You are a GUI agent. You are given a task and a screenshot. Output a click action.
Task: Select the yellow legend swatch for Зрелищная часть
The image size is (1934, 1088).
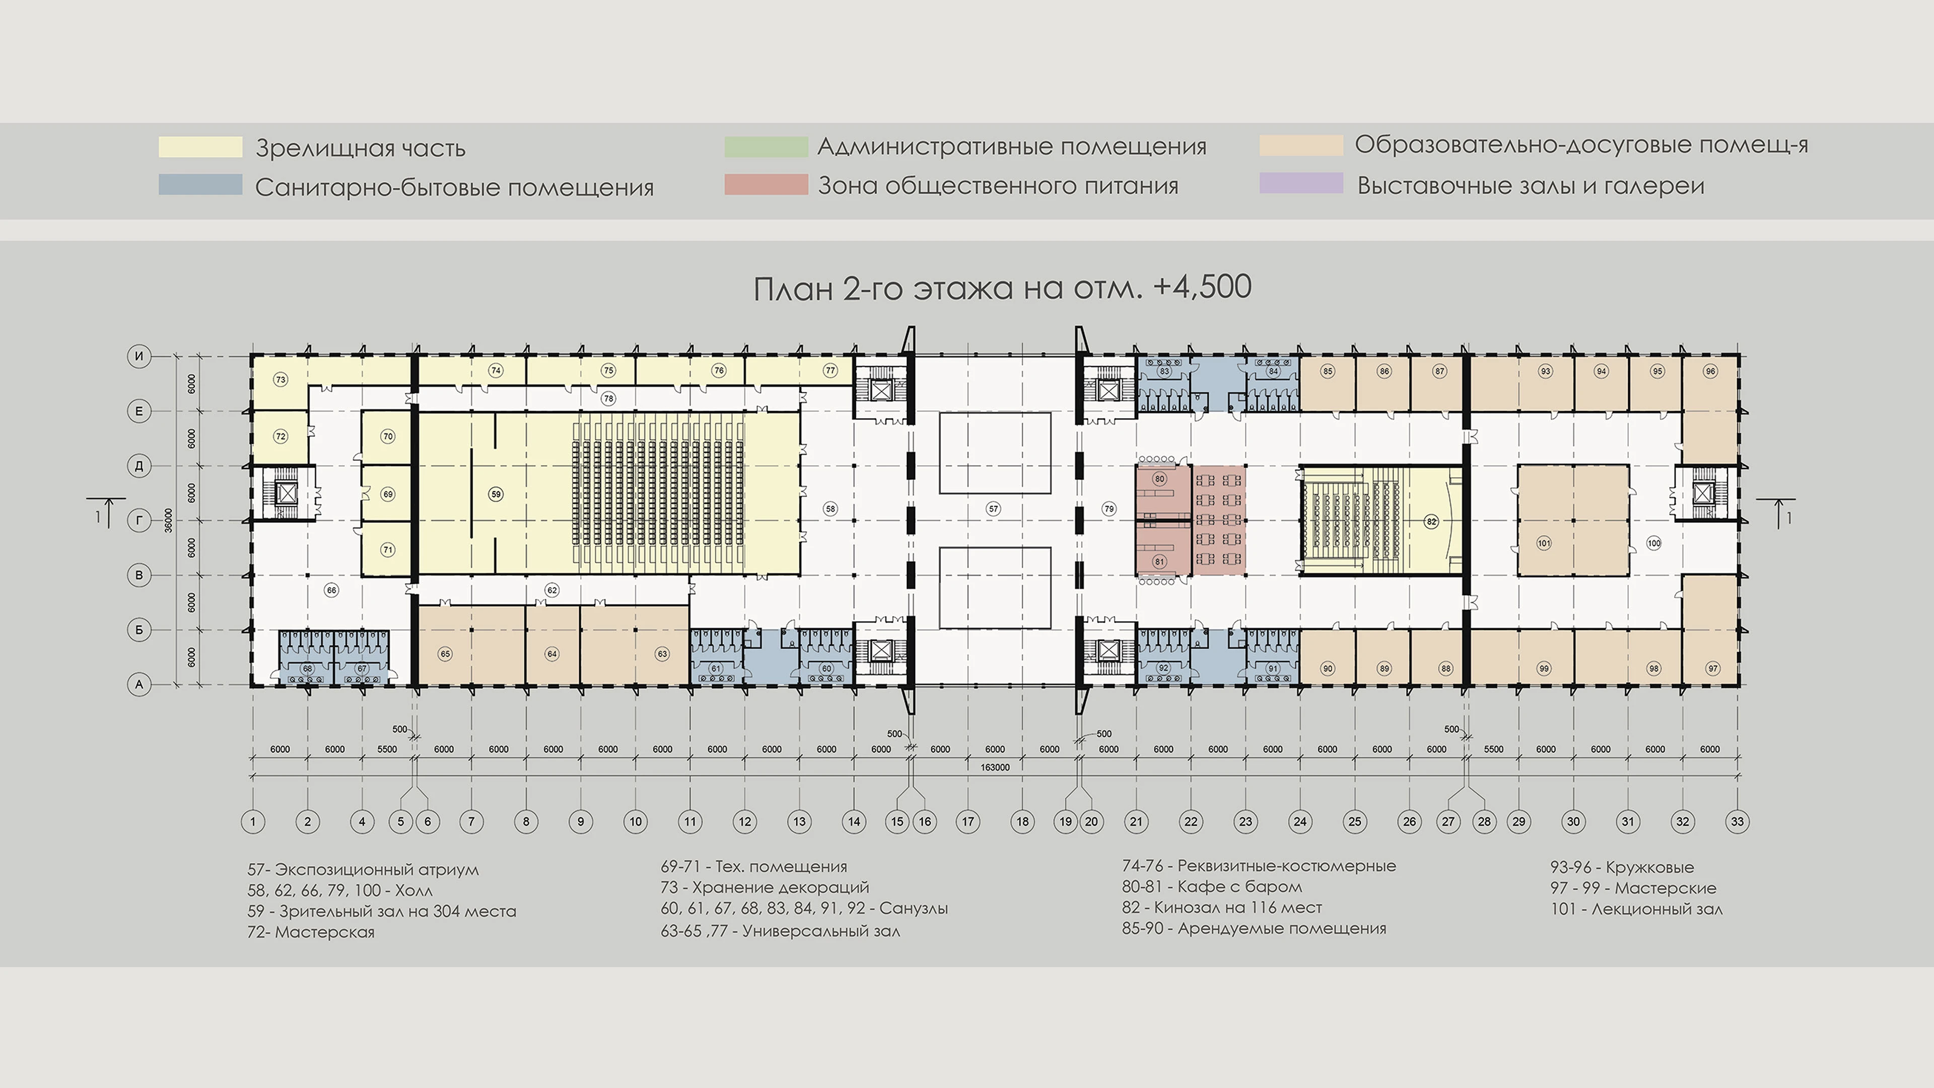200,147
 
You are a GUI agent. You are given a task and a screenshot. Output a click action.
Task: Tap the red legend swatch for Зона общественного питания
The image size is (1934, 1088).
766,185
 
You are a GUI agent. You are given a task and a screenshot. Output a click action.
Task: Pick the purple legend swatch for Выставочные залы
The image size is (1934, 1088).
1301,183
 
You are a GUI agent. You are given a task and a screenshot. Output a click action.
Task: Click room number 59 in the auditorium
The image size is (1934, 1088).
496,494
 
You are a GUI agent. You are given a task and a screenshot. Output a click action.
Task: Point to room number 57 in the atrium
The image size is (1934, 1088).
993,509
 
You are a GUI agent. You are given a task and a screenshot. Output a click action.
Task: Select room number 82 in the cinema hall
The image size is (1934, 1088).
1431,521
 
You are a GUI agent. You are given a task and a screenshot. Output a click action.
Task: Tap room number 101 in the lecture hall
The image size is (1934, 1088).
1544,543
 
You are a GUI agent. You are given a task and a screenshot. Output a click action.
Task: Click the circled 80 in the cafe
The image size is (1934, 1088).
1160,479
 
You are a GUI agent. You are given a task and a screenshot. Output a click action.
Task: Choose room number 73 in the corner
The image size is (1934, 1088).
280,379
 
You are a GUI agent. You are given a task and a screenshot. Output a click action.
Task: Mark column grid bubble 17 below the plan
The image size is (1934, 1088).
968,822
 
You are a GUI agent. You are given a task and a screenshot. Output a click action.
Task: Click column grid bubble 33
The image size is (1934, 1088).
1737,822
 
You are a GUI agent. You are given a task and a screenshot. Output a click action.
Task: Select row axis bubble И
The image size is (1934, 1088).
139,356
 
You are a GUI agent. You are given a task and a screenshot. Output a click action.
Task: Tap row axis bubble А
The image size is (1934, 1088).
139,684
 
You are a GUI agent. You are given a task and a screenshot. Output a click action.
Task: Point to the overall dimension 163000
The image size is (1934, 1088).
995,767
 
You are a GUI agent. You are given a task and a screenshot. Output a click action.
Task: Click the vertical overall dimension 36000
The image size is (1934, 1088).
168,520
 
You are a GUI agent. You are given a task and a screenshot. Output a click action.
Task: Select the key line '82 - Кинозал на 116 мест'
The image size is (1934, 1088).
1221,907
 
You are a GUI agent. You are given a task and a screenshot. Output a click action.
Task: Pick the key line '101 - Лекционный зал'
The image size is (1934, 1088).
1637,909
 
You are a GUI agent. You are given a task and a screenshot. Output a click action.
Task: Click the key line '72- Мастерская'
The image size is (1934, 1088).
311,932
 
